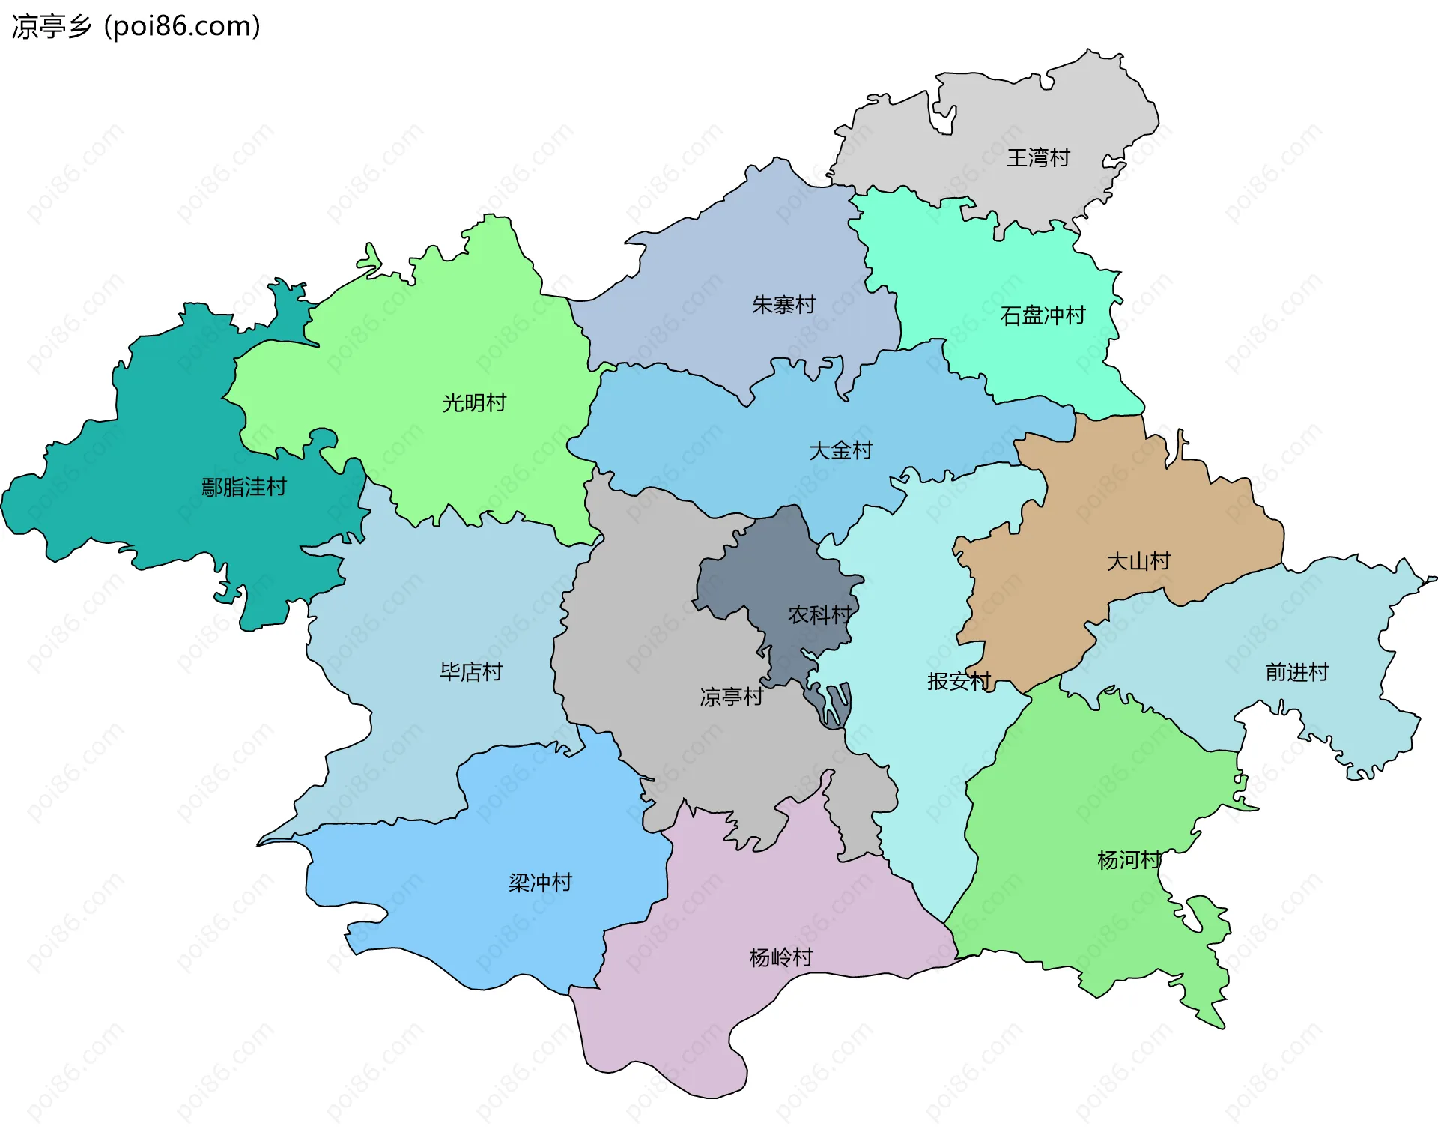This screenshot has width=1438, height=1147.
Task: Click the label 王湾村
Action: [1038, 158]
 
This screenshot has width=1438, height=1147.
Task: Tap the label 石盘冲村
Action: [1043, 315]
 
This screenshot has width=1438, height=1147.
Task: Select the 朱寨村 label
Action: [783, 305]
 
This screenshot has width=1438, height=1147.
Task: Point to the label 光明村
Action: [474, 403]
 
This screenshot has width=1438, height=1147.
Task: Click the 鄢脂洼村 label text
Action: [244, 488]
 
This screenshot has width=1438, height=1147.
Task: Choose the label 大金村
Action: [840, 450]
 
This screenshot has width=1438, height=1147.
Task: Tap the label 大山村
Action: [1138, 561]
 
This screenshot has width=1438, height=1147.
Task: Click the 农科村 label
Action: [819, 615]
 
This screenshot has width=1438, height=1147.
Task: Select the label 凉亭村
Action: [731, 697]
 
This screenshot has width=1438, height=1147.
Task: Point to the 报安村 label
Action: [959, 681]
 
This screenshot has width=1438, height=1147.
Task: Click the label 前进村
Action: [1296, 672]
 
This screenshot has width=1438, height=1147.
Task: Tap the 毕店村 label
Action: [470, 672]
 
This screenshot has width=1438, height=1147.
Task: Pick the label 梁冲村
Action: [540, 883]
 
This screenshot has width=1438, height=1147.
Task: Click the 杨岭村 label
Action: [780, 957]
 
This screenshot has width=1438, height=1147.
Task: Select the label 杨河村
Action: [1129, 860]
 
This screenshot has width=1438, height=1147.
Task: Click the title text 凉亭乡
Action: [51, 27]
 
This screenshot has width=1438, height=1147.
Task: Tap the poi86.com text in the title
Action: [182, 27]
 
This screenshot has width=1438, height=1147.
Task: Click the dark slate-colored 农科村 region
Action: [779, 569]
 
